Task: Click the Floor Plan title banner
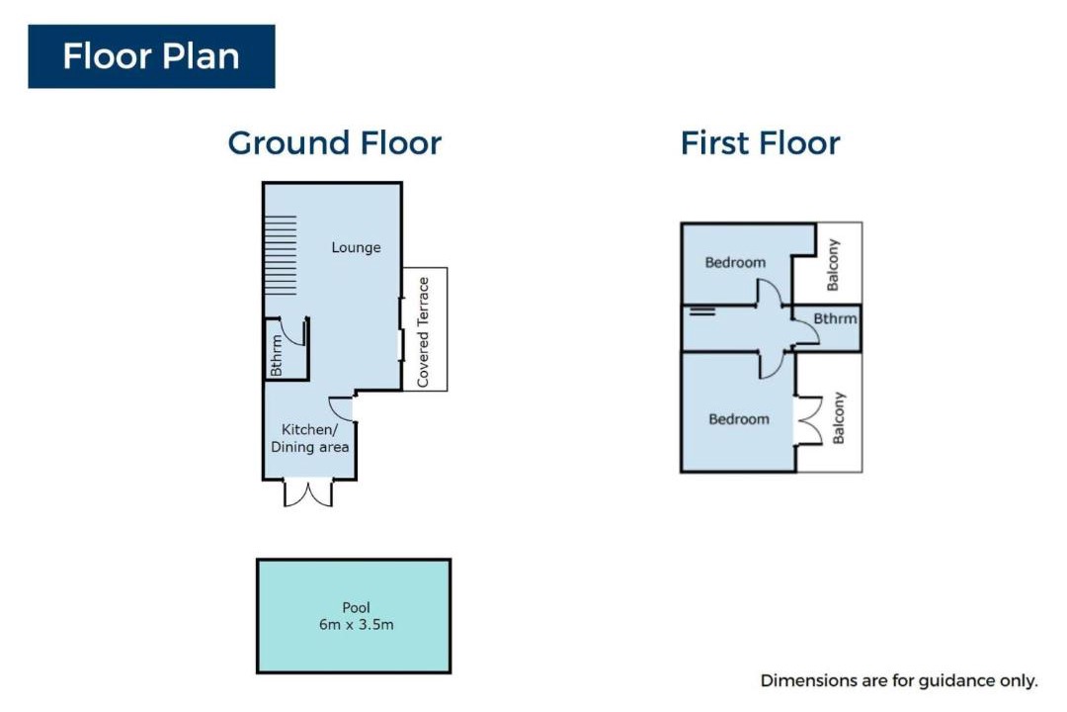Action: tap(151, 56)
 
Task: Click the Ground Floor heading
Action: tap(334, 143)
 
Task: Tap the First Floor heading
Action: tap(760, 143)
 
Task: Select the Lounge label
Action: tap(356, 247)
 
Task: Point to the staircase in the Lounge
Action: tap(281, 255)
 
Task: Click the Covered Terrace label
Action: tap(423, 332)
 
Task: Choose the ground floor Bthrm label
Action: tap(276, 355)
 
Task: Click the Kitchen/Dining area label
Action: tap(309, 438)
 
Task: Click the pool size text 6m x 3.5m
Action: tap(356, 625)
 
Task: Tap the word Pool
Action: tap(356, 607)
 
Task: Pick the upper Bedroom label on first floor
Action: tap(735, 262)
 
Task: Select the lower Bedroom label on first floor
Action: tap(739, 419)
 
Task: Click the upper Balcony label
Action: tap(832, 264)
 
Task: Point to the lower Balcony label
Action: tap(839, 417)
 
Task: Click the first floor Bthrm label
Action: tap(835, 318)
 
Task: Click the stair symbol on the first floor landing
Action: tap(702, 311)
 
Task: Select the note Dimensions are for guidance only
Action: tap(899, 680)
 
